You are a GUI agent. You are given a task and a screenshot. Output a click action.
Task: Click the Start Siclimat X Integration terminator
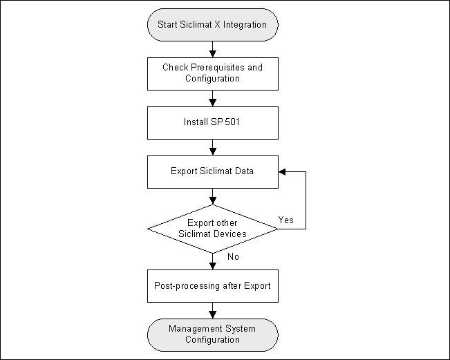pos(213,25)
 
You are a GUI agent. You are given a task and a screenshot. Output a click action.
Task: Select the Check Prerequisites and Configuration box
pos(213,73)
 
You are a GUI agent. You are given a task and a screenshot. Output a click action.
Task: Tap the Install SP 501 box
pos(213,122)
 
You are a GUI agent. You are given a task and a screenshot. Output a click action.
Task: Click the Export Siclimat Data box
pos(213,171)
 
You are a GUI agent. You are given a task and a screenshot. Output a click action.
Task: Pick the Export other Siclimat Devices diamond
pos(213,229)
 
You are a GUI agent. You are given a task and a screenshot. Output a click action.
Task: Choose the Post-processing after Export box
pos(213,285)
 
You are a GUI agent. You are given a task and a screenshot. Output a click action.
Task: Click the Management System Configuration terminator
pos(213,334)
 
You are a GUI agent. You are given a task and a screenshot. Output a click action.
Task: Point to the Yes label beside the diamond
pos(285,220)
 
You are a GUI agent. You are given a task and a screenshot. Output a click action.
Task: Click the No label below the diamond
pos(234,257)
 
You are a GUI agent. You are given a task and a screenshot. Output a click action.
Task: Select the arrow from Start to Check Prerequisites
pos(213,48)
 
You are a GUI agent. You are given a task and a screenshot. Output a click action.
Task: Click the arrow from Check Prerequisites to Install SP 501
pos(213,97)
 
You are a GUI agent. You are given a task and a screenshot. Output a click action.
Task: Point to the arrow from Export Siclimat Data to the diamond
pos(213,196)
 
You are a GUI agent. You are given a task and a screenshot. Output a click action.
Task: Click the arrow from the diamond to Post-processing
pos(213,261)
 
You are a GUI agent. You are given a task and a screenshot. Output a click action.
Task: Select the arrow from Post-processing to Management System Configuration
pos(213,310)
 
